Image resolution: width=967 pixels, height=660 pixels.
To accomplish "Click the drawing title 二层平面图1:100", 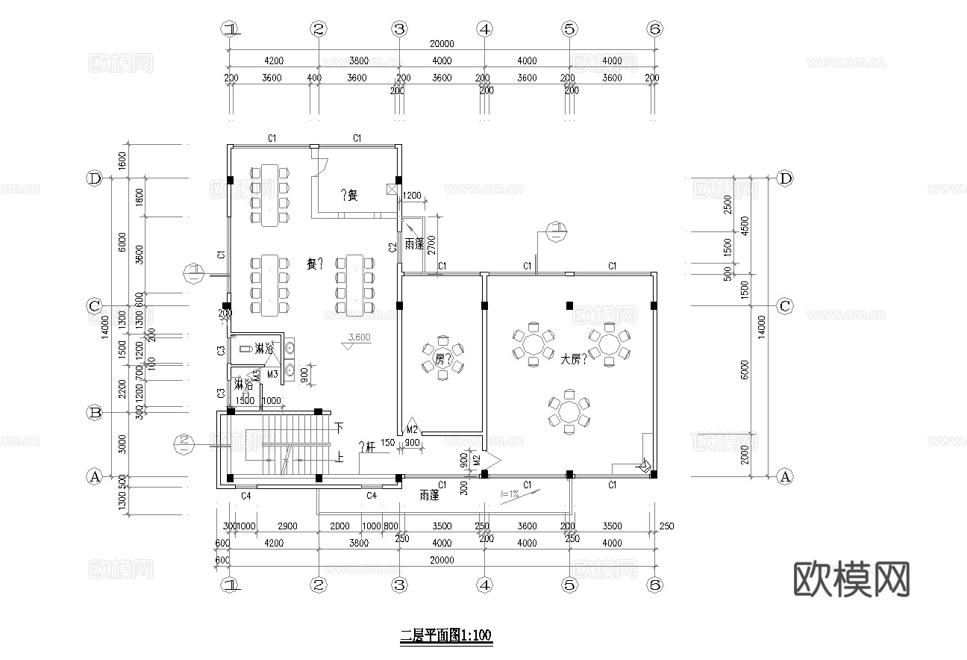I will (x=446, y=636).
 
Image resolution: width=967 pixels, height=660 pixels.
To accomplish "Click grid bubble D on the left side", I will (x=95, y=178).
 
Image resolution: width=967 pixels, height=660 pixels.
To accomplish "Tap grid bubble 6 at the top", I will (x=654, y=29).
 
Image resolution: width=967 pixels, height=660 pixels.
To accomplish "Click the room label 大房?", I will (x=574, y=359).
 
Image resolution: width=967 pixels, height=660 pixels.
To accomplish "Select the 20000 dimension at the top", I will (x=442, y=45).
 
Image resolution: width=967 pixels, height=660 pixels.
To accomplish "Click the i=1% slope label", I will (x=510, y=494).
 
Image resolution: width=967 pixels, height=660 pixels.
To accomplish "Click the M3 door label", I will (x=272, y=373).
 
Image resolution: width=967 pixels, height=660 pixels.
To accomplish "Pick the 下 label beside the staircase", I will (x=339, y=428).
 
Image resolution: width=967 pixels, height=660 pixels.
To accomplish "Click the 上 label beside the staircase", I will (x=339, y=458).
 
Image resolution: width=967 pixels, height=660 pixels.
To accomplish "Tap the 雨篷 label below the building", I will (x=428, y=494).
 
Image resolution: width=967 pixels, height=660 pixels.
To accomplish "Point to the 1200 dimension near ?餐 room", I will (x=412, y=196).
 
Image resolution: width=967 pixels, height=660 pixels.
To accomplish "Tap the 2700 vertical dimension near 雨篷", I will (x=431, y=245).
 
